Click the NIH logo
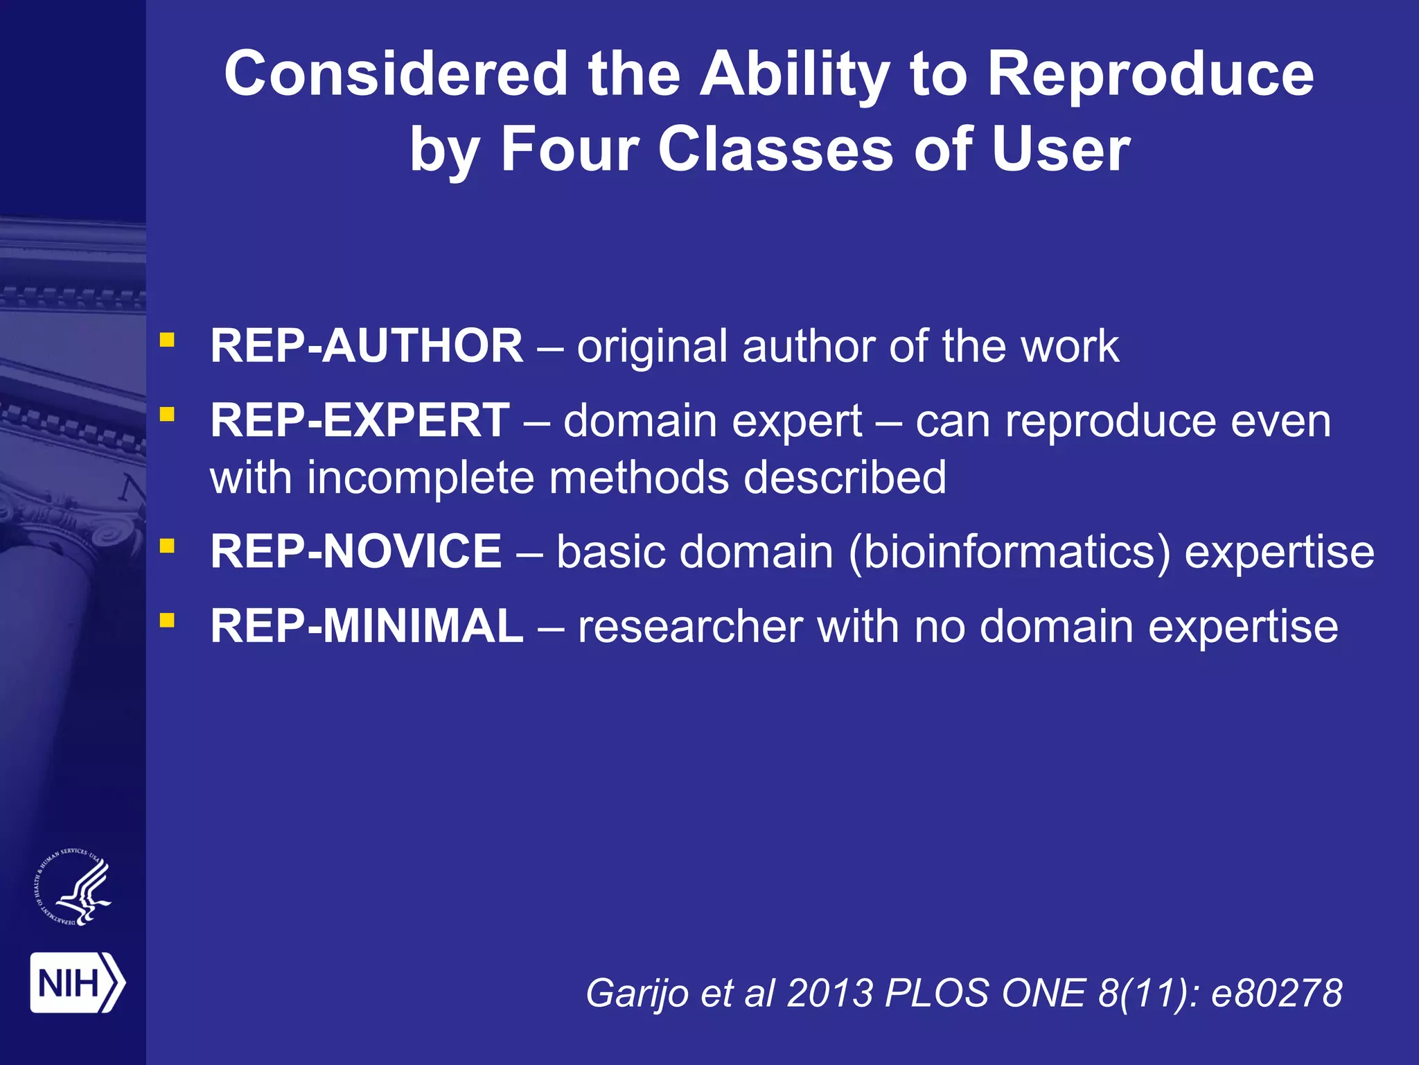click(77, 982)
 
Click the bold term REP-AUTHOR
click(367, 346)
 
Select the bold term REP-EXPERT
click(360, 421)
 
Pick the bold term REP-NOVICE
click(356, 552)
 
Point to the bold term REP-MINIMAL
click(367, 626)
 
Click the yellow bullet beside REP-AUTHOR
click(167, 340)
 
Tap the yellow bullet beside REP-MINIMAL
click(167, 619)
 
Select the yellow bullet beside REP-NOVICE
click(167, 546)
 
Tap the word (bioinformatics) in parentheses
click(1009, 553)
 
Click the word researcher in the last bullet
click(690, 627)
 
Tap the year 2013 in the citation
click(830, 993)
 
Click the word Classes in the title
click(776, 149)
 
